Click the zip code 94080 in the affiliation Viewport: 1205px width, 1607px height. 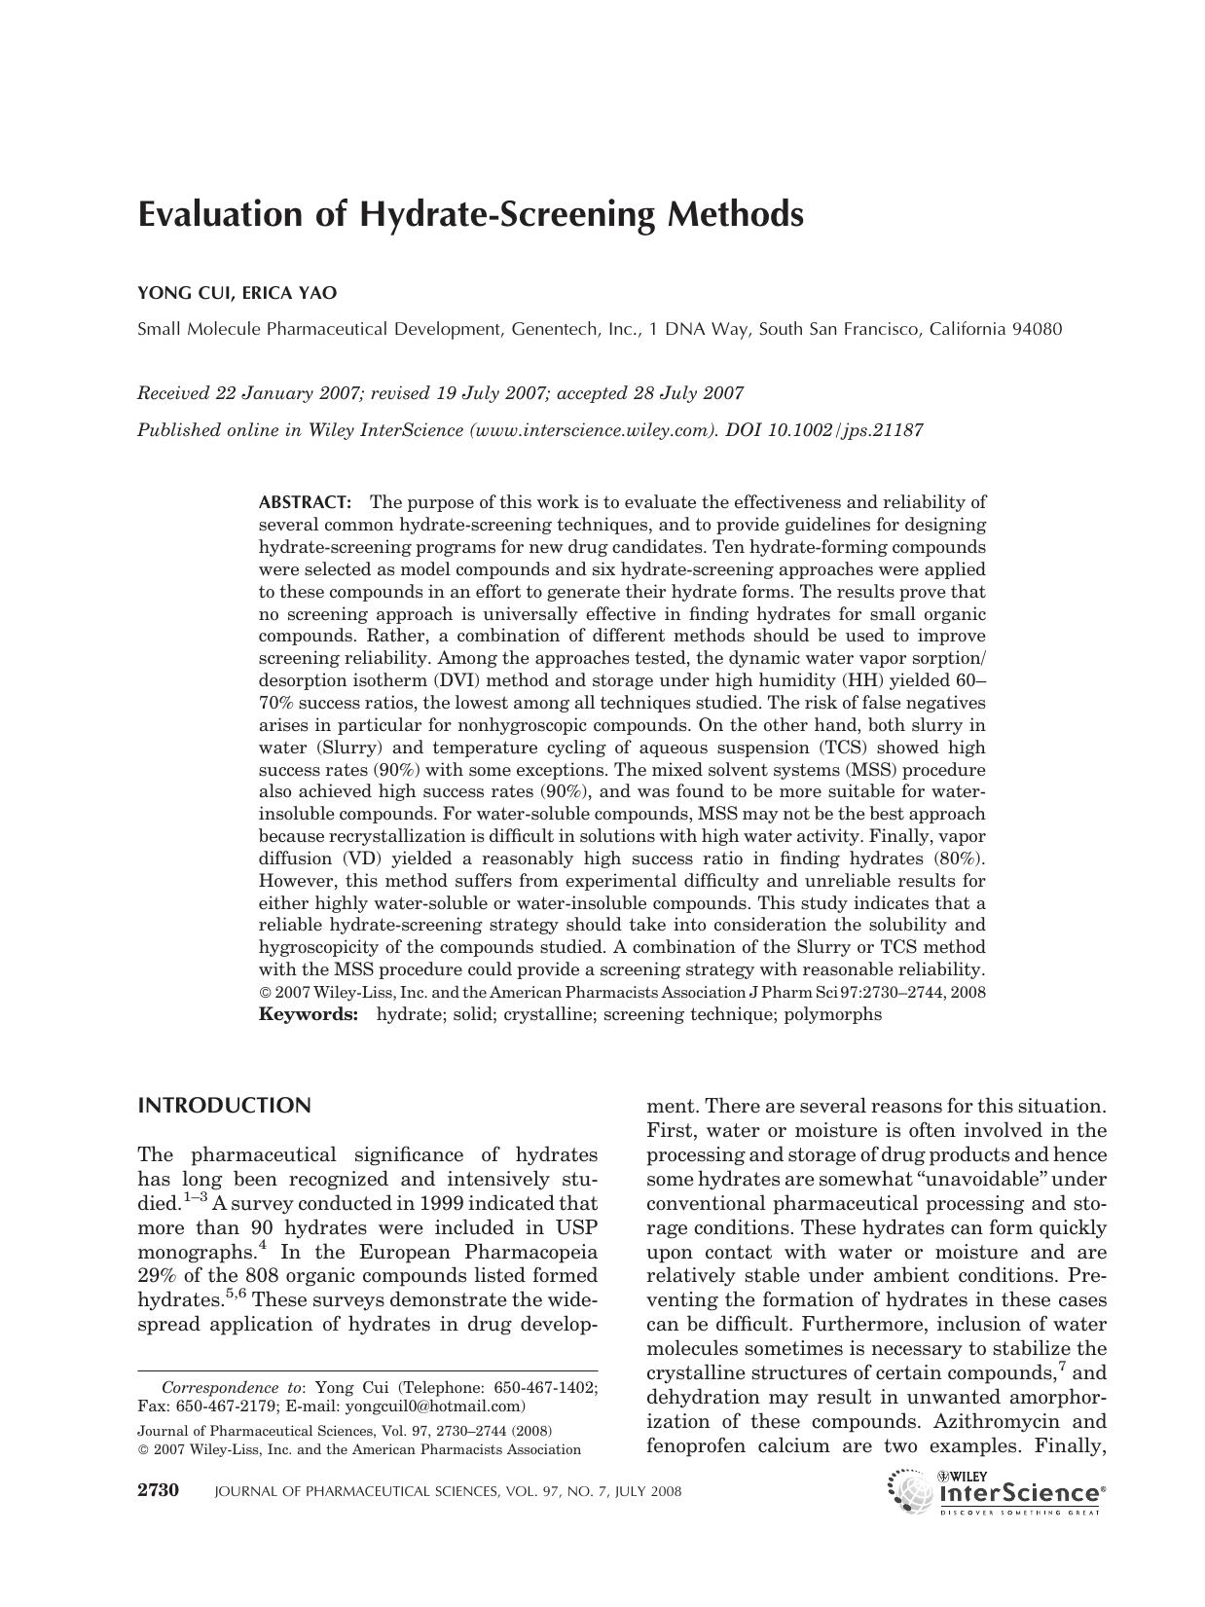1037,329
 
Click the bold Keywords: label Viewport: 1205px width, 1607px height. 309,1014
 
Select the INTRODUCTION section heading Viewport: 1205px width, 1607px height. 225,1106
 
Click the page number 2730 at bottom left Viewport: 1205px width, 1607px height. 159,1491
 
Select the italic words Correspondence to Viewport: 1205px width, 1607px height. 232,1387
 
